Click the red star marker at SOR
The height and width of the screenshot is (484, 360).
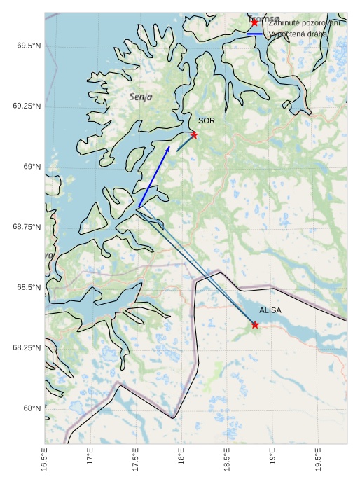click(x=193, y=134)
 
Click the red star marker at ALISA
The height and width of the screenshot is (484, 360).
click(x=255, y=324)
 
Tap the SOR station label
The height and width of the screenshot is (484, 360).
click(x=206, y=121)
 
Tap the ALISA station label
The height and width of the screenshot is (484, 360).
click(x=270, y=310)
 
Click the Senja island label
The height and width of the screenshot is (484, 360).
click(x=141, y=96)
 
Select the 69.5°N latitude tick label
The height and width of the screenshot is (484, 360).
click(x=27, y=46)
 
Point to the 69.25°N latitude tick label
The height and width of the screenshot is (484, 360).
click(x=25, y=106)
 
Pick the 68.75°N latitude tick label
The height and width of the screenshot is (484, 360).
click(x=25, y=227)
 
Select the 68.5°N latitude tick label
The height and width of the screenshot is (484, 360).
click(x=27, y=287)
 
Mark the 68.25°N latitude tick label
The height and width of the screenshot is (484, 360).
click(x=25, y=347)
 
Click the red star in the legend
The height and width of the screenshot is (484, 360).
click(x=254, y=22)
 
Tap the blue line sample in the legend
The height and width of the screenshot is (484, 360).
click(x=254, y=34)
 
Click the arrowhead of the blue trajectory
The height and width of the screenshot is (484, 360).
click(x=168, y=148)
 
